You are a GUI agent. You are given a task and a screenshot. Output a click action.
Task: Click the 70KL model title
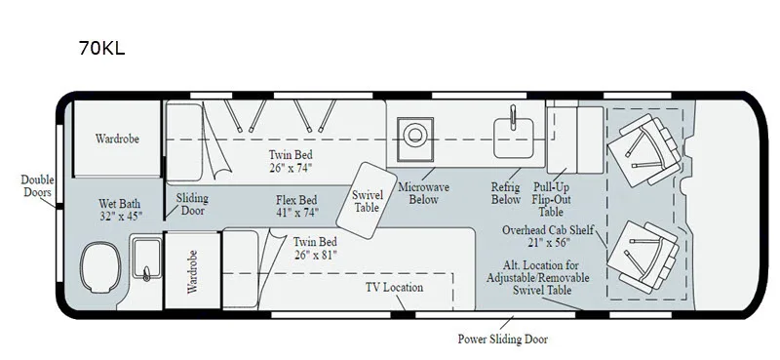tap(101, 49)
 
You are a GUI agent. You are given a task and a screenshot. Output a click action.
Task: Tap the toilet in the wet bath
tap(100, 268)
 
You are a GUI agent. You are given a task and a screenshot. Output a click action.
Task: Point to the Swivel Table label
tap(368, 201)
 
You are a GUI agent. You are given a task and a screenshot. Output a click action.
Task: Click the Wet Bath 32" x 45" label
tap(119, 210)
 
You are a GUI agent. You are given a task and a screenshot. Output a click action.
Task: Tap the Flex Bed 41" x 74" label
tap(297, 206)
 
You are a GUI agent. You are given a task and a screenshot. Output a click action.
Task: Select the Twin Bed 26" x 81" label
tap(315, 249)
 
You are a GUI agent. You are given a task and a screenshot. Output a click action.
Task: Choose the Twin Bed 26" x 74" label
tap(291, 161)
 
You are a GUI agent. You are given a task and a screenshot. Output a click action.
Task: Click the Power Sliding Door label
tap(502, 340)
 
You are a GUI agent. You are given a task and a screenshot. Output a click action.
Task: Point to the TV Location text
tap(394, 287)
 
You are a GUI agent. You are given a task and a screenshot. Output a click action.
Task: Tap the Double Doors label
tap(37, 185)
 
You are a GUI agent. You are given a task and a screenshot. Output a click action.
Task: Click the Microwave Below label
tap(423, 193)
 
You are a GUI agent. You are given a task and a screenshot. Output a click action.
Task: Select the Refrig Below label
tap(505, 193)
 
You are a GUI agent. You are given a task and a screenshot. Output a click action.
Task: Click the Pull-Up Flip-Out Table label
tap(551, 199)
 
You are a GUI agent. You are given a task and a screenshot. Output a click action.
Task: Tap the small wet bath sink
tap(146, 258)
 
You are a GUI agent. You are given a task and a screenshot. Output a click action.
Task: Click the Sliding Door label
tap(192, 204)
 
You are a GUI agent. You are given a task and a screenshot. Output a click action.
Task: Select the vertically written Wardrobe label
tap(192, 271)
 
